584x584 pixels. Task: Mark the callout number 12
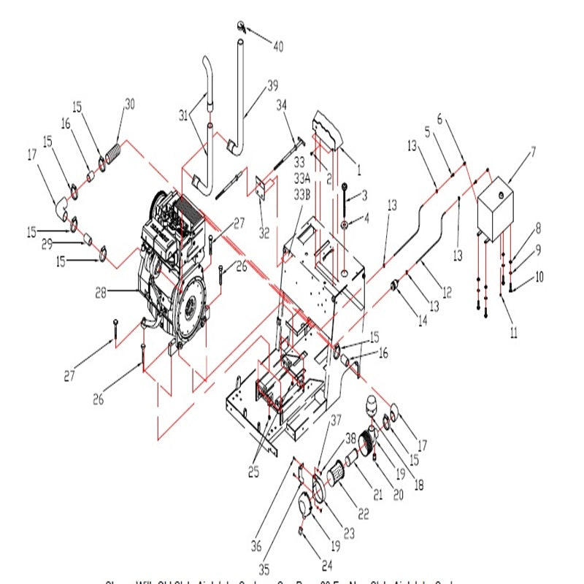tap(447, 293)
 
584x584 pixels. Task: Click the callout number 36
tap(255, 545)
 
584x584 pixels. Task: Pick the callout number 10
tap(539, 277)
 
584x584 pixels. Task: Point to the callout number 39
tap(272, 86)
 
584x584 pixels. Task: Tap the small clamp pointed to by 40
tap(241, 28)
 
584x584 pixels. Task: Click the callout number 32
tap(264, 234)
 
